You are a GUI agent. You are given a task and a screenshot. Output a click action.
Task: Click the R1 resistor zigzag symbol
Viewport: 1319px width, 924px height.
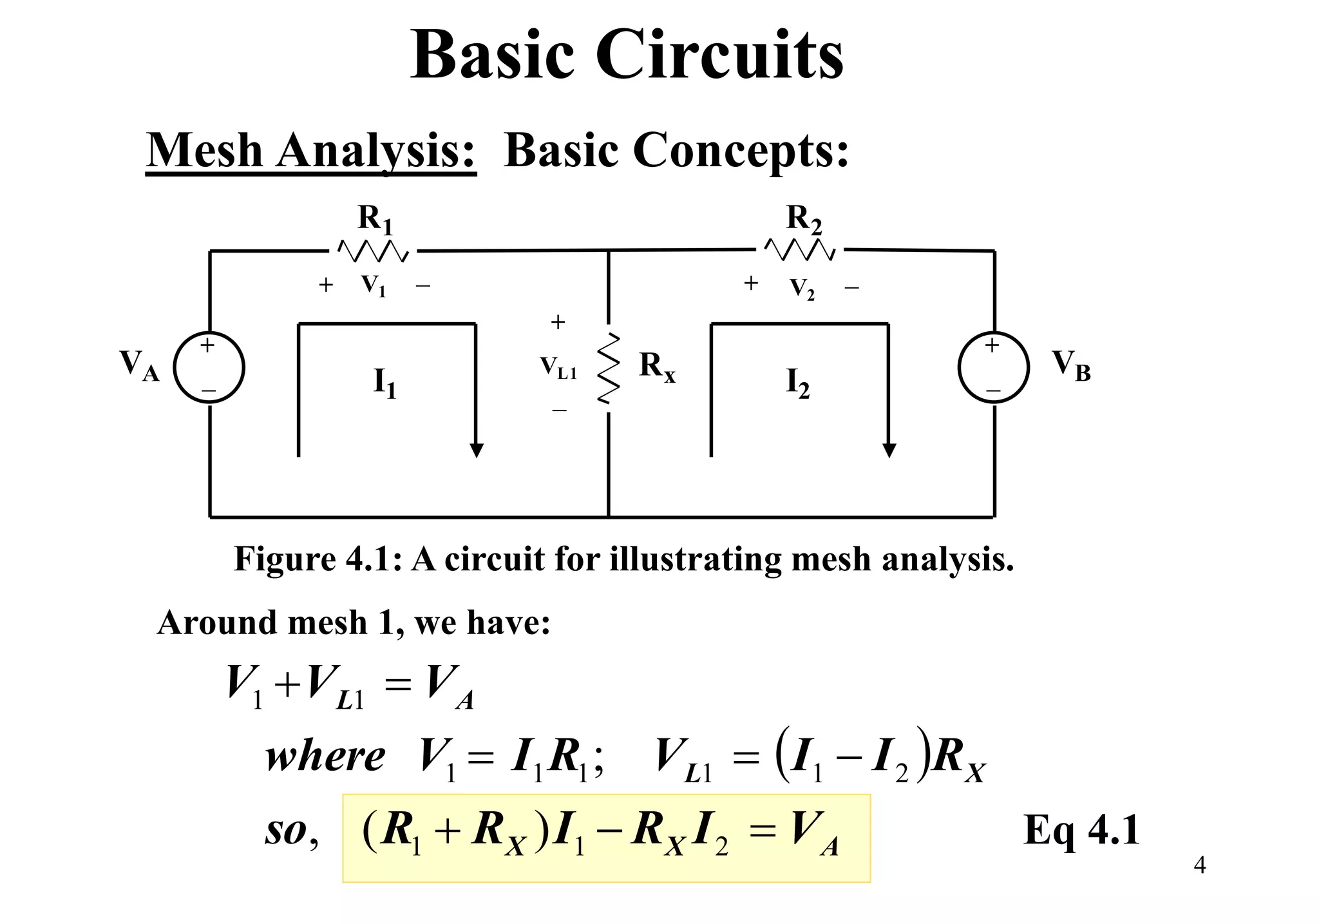[373, 251]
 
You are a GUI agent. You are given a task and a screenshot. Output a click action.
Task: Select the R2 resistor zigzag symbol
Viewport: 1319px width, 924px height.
[800, 249]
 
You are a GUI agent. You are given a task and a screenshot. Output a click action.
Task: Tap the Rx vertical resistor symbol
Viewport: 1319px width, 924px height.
[608, 369]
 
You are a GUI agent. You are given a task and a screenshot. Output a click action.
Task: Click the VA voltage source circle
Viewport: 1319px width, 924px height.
[209, 368]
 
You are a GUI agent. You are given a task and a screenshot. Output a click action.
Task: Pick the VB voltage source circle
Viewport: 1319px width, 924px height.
[993, 368]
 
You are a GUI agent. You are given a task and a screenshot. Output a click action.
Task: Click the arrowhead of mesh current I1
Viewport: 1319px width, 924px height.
[477, 450]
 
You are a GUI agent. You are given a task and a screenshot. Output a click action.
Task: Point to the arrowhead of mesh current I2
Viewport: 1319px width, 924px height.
[889, 450]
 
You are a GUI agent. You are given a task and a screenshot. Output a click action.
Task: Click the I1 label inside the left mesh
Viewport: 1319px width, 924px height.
[385, 383]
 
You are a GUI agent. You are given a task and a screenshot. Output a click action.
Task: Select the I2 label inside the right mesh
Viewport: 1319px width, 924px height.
[797, 383]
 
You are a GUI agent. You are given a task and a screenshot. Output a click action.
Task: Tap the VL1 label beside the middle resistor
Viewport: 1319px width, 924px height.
[558, 368]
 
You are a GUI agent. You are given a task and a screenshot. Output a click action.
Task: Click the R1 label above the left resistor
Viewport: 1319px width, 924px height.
[375, 219]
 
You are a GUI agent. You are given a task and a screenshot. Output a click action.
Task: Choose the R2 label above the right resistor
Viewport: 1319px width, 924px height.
[804, 219]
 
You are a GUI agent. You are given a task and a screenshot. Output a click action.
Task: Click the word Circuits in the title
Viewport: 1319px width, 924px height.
[719, 55]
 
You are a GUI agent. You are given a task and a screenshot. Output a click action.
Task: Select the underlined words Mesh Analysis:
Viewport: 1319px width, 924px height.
[310, 151]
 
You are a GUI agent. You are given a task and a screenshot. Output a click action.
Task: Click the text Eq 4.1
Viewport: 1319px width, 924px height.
[1081, 830]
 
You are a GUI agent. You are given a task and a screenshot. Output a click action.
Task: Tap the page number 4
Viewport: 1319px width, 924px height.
[1199, 865]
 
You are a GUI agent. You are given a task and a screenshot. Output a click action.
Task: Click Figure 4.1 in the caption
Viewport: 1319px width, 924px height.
[313, 559]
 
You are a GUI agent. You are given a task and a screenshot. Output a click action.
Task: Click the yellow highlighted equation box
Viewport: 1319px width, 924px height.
[606, 838]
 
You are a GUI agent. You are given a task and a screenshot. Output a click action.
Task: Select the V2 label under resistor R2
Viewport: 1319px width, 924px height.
[802, 289]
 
